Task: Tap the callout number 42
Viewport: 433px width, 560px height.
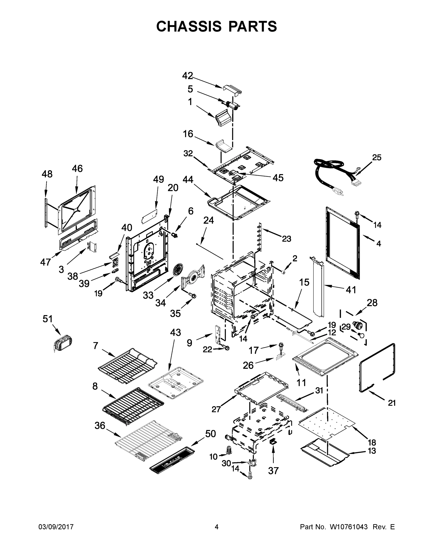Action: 187,76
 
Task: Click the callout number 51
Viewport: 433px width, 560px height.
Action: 47,319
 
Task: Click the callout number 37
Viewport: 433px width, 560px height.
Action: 273,471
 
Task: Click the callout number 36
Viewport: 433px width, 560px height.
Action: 100,426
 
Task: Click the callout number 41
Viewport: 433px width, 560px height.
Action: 351,290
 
